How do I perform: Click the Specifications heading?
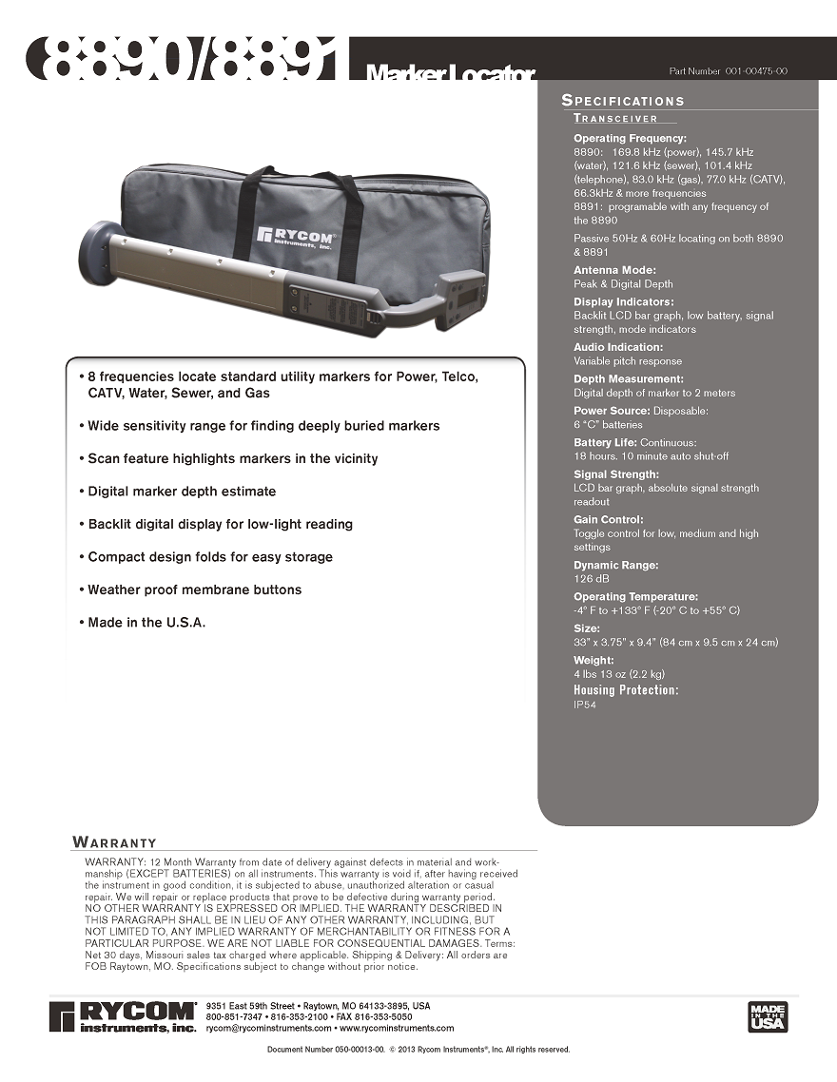[x=623, y=101]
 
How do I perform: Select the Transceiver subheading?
[x=615, y=119]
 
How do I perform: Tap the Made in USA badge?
[x=768, y=1015]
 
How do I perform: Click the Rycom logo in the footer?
[x=123, y=1015]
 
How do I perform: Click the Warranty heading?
[x=115, y=842]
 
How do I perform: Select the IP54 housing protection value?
[x=585, y=705]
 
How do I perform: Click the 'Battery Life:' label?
[x=605, y=443]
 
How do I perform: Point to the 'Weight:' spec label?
[x=594, y=660]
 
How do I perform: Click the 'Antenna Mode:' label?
[x=614, y=270]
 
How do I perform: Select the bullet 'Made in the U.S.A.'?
[x=146, y=623]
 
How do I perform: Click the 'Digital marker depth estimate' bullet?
[x=182, y=492]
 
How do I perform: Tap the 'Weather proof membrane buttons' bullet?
[x=194, y=589]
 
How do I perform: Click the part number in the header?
[x=728, y=71]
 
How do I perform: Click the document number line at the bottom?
[x=418, y=1050]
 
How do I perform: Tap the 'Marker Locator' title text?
[x=450, y=73]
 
